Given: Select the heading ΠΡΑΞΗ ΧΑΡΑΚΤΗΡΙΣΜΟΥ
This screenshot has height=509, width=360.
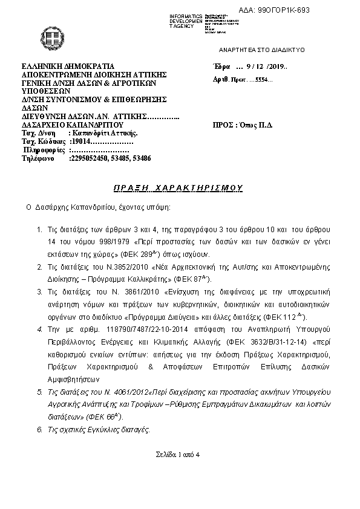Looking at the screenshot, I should (178, 188).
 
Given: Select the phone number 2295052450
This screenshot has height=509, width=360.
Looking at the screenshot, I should (88, 157).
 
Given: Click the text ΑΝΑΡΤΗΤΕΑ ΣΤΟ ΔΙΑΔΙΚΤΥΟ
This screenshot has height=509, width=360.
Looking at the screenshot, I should (262, 49).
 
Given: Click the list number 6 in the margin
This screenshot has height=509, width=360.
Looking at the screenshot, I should (39, 429).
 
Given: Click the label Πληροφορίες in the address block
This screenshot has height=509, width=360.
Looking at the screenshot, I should (44, 149).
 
